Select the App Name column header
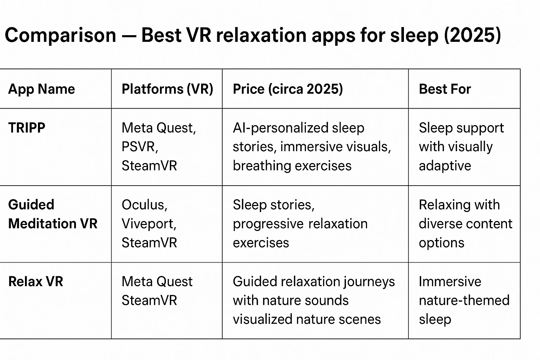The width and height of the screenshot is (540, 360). pos(41,89)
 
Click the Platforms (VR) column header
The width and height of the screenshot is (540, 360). pos(167,89)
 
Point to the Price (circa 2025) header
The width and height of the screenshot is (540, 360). pos(288,89)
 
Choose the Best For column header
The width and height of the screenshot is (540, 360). pos(445,89)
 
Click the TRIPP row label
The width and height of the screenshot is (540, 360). pos(27,128)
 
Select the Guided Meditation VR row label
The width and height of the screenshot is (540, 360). pos(53,214)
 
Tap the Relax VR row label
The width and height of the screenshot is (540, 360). pos(36,282)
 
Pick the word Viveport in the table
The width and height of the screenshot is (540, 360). pos(149,224)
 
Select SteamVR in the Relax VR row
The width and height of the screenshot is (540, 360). pos(149,301)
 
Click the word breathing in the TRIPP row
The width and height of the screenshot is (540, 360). pos(261,166)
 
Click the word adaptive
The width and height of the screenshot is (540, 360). pos(445,166)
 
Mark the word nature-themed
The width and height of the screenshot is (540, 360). pos(464,301)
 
